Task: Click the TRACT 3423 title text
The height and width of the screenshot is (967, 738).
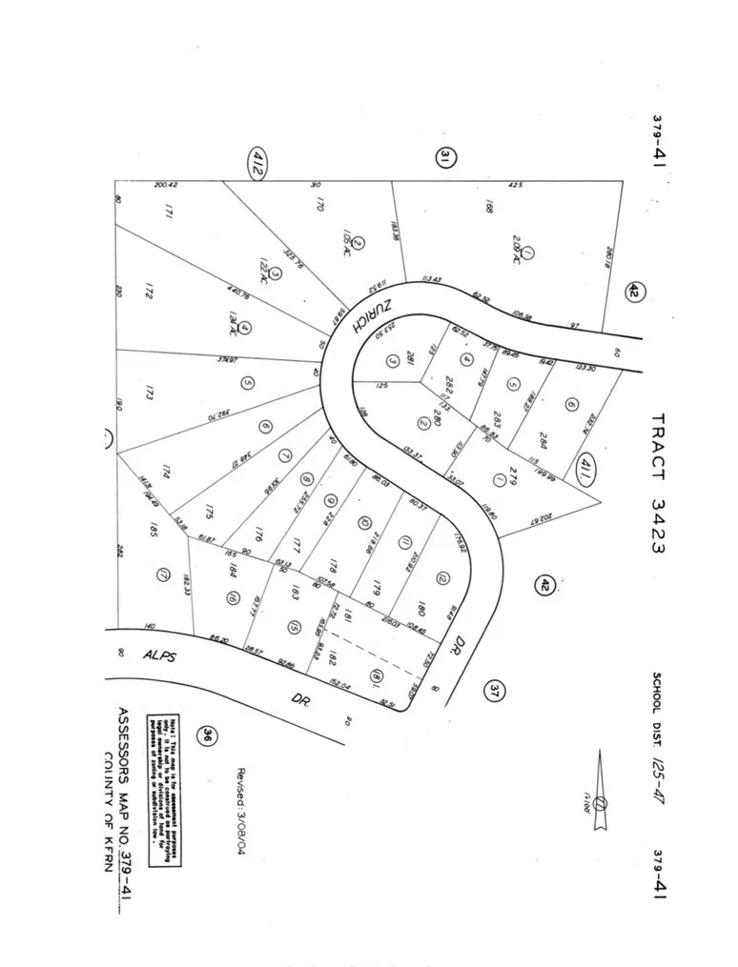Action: tap(657, 482)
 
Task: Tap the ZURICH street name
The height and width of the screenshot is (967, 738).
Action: tap(366, 310)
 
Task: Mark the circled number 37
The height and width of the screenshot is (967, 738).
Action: tap(495, 690)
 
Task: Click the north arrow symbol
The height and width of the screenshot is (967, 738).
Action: tap(600, 790)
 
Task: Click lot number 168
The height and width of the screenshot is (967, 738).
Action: tap(487, 207)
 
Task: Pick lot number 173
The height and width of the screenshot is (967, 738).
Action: tap(150, 392)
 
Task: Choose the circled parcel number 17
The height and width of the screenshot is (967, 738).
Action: tap(163, 575)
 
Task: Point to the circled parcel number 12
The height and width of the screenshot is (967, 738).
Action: tap(441, 577)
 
